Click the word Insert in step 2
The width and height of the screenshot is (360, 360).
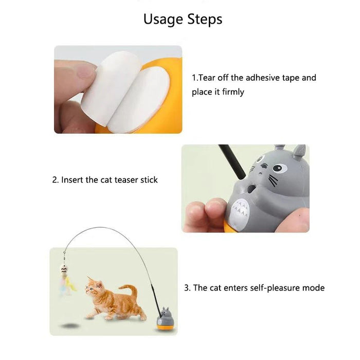tap(73, 180)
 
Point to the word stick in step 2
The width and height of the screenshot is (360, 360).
tap(148, 180)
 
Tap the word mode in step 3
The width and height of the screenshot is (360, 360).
tap(314, 288)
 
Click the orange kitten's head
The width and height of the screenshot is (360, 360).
tap(93, 287)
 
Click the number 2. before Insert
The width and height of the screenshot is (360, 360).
tap(55, 180)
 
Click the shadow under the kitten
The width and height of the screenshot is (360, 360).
tap(69, 326)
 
